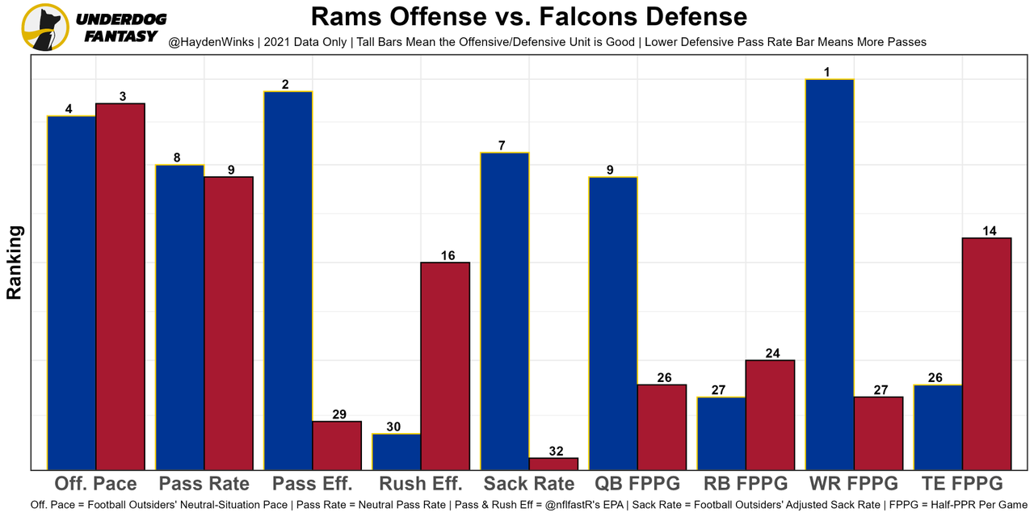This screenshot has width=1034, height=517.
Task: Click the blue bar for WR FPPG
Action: tap(830, 275)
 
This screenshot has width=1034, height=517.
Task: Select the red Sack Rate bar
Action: tap(553, 464)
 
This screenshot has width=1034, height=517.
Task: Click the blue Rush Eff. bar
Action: tap(397, 452)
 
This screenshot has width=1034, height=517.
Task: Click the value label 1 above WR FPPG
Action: tap(827, 73)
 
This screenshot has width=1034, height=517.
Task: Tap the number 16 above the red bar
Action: tap(448, 255)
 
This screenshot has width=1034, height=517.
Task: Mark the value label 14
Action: tap(989, 231)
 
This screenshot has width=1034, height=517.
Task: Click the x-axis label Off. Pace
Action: tap(95, 484)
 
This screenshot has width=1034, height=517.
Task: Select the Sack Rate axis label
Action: tap(529, 484)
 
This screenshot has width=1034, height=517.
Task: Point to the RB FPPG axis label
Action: tap(746, 484)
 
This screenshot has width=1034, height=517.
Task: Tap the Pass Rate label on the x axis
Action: tap(204, 484)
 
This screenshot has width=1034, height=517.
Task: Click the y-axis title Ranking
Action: tap(15, 263)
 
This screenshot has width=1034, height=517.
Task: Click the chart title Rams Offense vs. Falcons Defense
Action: tap(529, 17)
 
